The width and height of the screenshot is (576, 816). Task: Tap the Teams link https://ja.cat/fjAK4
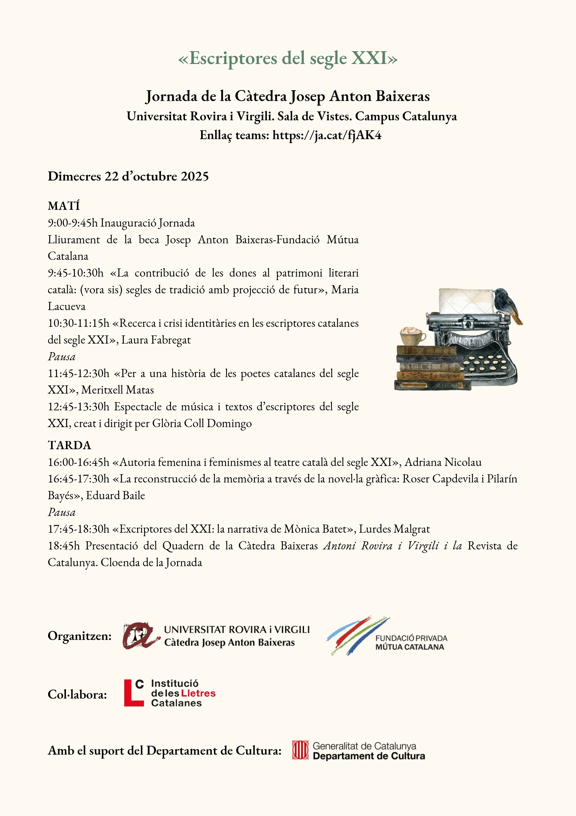click(x=327, y=135)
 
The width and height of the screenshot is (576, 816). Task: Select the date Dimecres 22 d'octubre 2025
click(x=128, y=176)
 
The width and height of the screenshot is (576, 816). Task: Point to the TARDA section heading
click(x=69, y=445)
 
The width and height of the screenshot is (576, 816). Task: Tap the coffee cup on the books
click(x=412, y=335)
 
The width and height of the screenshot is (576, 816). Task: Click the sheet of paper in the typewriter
click(x=465, y=300)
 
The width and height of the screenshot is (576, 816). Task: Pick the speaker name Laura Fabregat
click(x=156, y=340)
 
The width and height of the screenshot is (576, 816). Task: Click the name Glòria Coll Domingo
click(x=202, y=424)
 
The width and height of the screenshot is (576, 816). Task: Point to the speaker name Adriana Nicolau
click(x=443, y=462)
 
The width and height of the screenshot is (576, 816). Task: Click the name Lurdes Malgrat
click(x=394, y=529)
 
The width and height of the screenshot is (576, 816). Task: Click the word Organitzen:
click(x=79, y=636)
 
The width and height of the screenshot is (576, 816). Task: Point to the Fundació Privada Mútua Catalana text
click(x=411, y=642)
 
